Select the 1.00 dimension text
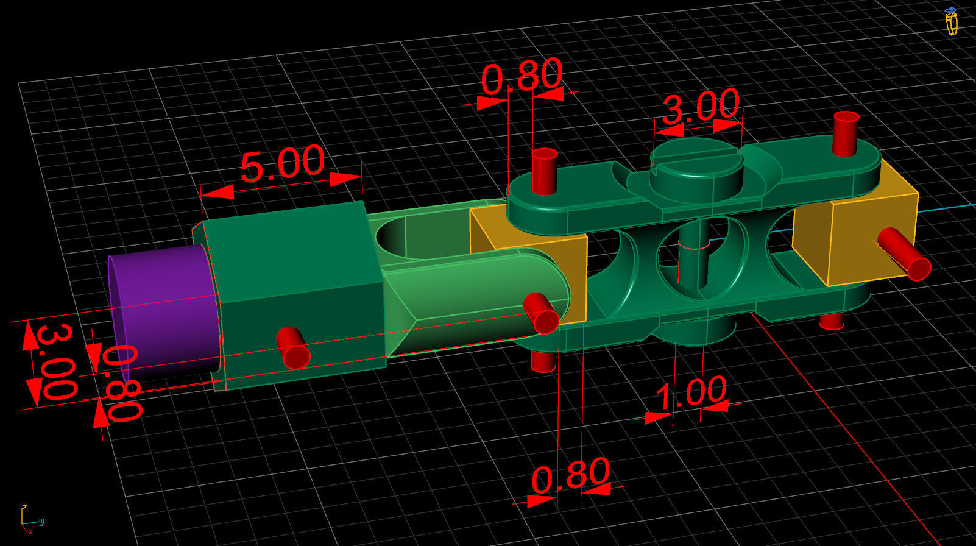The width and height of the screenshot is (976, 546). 691,393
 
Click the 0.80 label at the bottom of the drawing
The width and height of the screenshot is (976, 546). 570,475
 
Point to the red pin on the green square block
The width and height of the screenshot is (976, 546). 294,347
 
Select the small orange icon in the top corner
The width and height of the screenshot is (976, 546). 950,21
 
